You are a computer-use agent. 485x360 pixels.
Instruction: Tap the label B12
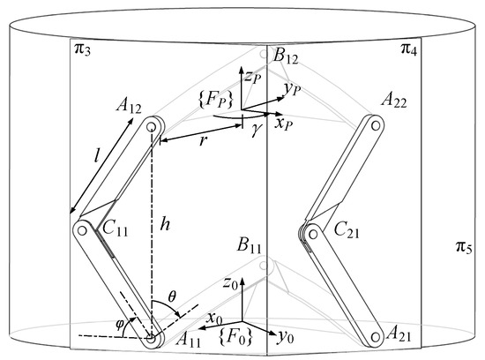click(289, 57)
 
